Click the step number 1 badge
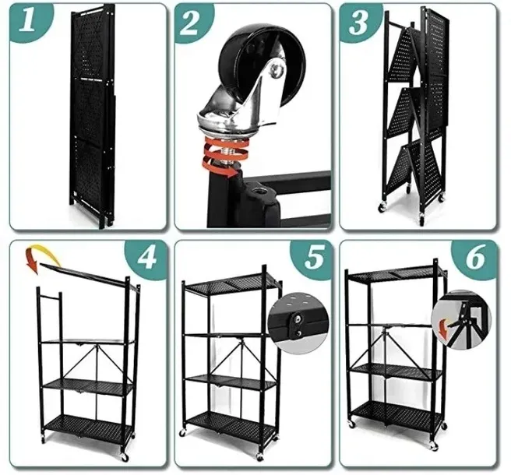pos(28,21)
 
